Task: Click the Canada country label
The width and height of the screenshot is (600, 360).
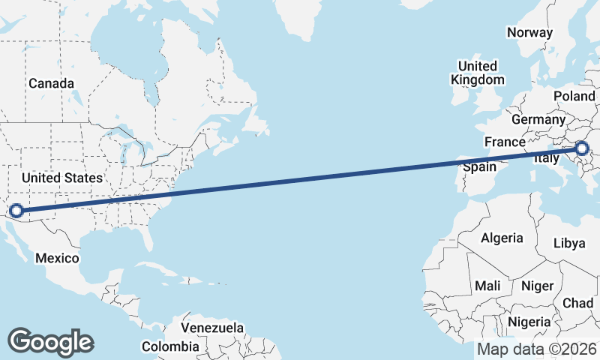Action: (x=51, y=83)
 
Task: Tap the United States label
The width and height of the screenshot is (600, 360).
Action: (x=61, y=178)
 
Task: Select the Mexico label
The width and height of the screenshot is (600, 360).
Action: (x=58, y=258)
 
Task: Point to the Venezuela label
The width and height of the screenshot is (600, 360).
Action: (x=213, y=328)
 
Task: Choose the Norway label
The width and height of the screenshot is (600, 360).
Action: (x=529, y=32)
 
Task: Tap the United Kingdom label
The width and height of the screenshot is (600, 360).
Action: (x=478, y=73)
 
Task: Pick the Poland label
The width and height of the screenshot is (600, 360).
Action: (x=574, y=97)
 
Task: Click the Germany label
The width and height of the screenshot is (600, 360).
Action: (x=538, y=119)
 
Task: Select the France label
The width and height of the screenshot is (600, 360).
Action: (x=505, y=142)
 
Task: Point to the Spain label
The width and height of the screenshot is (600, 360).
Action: (x=479, y=166)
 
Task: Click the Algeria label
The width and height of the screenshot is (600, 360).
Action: (x=502, y=238)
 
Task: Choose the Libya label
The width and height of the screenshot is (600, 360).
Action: (x=568, y=244)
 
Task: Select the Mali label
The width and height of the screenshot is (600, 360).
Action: (x=487, y=286)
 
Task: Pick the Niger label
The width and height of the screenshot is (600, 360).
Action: (x=537, y=286)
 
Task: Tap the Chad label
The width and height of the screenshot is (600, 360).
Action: (x=577, y=303)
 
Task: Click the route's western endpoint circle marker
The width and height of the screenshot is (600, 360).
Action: (x=16, y=211)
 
